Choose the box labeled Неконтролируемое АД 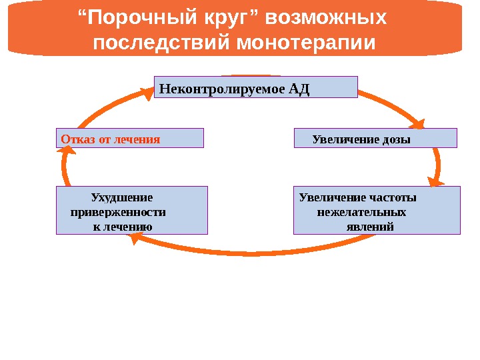(x=255, y=87)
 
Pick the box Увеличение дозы (x=375, y=138)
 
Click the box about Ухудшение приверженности (x=132, y=210)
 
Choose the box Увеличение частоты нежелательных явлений (x=377, y=210)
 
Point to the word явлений (x=371, y=227)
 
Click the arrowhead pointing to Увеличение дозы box (x=419, y=123)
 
